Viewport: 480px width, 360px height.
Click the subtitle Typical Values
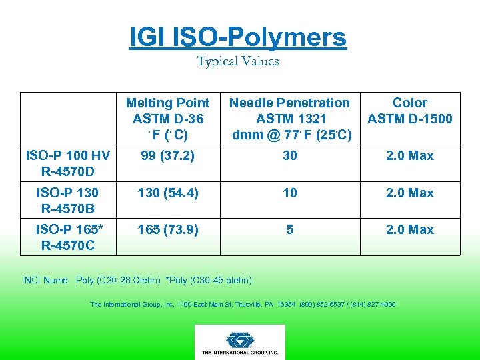click(238, 61)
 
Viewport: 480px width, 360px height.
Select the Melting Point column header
click(167, 119)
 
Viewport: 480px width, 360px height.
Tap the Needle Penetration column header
click(289, 119)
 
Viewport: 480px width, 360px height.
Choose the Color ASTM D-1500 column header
click(409, 111)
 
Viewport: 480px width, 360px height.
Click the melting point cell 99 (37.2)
click(167, 156)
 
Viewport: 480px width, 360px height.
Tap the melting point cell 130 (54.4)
click(167, 193)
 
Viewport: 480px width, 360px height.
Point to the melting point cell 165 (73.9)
click(167, 229)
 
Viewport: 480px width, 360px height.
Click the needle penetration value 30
click(289, 156)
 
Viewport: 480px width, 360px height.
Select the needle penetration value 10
click(289, 193)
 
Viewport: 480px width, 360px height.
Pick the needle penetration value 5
click(289, 229)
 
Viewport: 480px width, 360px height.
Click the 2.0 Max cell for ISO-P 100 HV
click(409, 156)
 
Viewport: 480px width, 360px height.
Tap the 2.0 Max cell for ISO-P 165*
click(409, 229)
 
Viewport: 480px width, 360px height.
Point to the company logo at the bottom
click(239, 341)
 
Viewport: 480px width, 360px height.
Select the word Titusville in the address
click(255, 305)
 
